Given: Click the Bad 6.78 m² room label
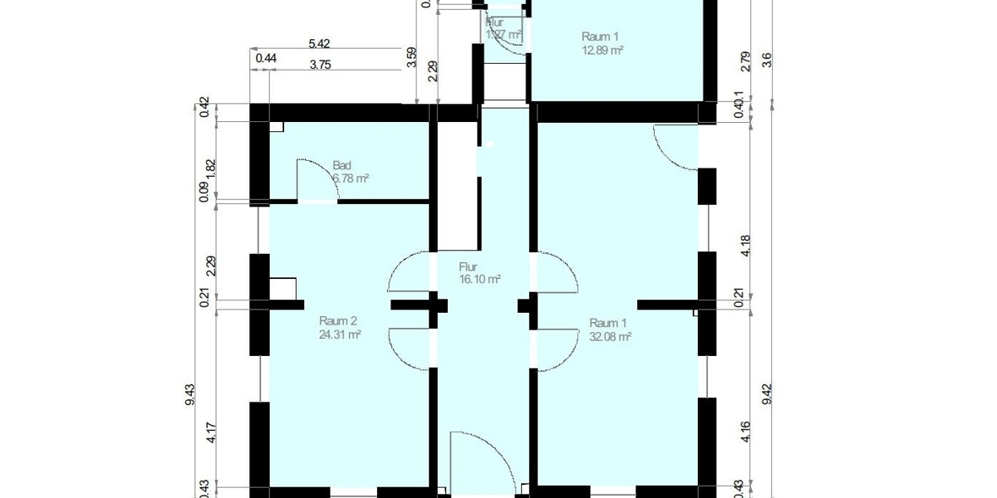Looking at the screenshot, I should (350, 171).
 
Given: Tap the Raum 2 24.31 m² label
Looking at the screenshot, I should (339, 328).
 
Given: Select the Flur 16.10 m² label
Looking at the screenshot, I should (479, 273).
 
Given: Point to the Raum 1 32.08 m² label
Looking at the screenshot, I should (610, 330).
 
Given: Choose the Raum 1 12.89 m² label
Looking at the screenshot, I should (602, 43).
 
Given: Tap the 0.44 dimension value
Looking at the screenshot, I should (266, 58).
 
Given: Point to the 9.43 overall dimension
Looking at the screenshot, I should (190, 394).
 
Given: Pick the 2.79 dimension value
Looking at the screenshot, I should (745, 61).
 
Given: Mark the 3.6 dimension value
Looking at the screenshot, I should (766, 59).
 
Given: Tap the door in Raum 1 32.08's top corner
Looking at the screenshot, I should (675, 147).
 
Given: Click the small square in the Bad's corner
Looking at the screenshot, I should (276, 127).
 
